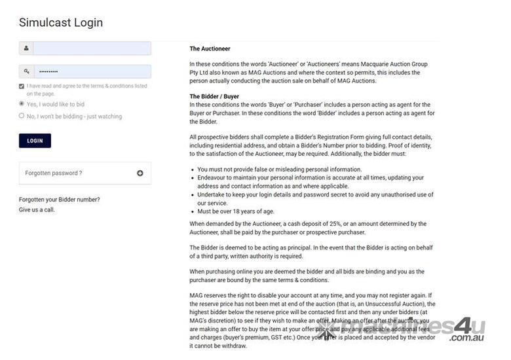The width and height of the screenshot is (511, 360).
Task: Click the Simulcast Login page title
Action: click(x=61, y=23)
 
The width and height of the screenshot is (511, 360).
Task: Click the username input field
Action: click(x=92, y=48)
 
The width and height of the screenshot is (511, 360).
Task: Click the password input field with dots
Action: click(x=92, y=71)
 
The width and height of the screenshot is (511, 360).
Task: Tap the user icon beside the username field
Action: click(x=26, y=48)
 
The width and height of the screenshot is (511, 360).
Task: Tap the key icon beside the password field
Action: click(x=26, y=71)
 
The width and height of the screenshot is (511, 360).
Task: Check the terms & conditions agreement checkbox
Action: click(x=22, y=86)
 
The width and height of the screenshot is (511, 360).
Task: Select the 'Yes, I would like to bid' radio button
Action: click(x=22, y=103)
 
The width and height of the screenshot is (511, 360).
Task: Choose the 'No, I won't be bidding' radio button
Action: click(x=22, y=116)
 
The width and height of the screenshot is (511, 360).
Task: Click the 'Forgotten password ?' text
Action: click(x=54, y=173)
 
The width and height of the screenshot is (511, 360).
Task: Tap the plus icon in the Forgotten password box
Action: click(x=140, y=173)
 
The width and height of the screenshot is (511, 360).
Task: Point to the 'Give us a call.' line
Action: click(x=37, y=209)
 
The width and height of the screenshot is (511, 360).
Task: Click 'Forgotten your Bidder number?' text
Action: click(x=60, y=200)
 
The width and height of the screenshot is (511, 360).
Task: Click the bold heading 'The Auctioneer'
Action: click(x=210, y=48)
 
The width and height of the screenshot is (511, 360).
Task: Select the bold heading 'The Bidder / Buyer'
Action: click(x=214, y=97)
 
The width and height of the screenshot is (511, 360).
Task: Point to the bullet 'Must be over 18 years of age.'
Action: click(x=236, y=211)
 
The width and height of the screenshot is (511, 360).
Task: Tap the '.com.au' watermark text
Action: click(x=466, y=338)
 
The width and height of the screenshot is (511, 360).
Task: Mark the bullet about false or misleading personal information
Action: click(x=279, y=170)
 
